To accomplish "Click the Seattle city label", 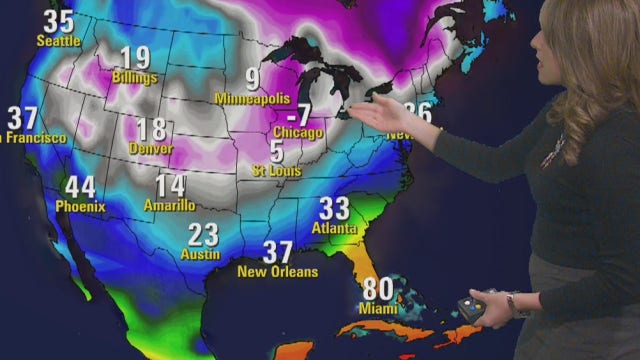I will point(58,41).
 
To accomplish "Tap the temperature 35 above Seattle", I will point(59,21).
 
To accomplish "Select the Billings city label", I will point(136,77).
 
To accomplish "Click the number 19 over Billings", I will point(135,58).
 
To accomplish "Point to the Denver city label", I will point(150,148).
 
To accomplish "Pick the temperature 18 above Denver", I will point(151,129).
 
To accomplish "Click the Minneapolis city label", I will point(252,98).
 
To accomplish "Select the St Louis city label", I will point(276,171).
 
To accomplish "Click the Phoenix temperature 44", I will point(80,187).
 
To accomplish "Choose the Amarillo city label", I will point(170,205).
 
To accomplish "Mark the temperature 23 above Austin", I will point(203,235).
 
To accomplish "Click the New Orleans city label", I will point(277,271).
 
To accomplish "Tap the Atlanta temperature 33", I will point(334,209).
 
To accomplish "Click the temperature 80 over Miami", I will point(378,289).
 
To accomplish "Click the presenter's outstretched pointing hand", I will point(382,112).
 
